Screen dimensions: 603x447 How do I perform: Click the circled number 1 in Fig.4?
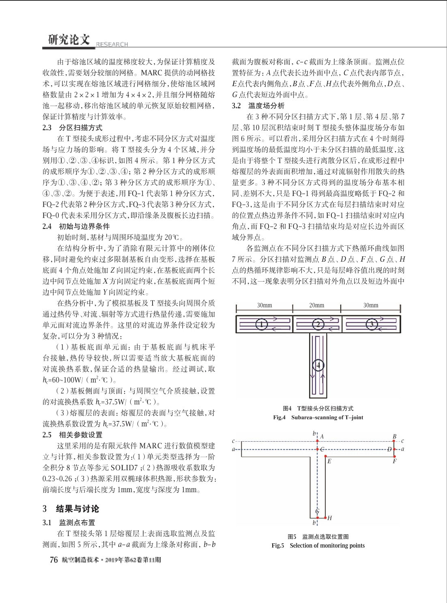point(262,324)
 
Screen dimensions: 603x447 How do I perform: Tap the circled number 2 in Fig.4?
point(318,324)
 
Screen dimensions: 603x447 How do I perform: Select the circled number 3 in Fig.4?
point(372,324)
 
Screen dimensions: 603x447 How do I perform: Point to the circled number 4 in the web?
point(318,366)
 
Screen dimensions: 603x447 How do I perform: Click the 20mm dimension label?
point(317,306)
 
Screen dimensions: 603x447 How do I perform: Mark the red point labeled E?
point(326,456)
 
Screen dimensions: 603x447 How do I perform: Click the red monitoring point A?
point(318,441)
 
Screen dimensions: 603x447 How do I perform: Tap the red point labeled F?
point(393,456)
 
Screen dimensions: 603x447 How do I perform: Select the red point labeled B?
point(393,441)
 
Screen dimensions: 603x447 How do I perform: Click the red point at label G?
point(318,518)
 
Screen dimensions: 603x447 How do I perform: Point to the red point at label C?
point(318,449)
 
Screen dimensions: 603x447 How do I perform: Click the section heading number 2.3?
point(47,128)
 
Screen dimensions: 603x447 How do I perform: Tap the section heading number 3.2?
point(236,106)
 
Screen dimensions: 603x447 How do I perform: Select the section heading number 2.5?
point(47,435)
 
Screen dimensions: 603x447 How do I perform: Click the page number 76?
point(54,560)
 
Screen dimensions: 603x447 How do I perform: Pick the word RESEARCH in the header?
point(112,44)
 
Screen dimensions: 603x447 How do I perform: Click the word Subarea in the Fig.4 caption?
point(305,417)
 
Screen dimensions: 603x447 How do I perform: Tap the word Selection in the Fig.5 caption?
point(301,545)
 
